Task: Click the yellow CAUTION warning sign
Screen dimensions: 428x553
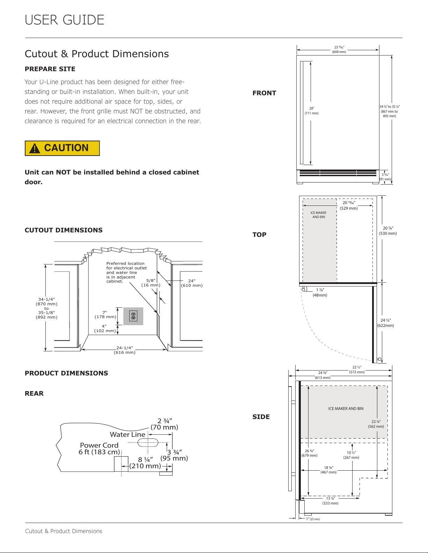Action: click(62, 148)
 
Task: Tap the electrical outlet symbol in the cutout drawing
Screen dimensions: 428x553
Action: click(133, 316)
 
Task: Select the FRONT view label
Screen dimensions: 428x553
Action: click(264, 93)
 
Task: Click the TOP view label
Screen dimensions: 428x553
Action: click(259, 235)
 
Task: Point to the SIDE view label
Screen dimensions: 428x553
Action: click(261, 417)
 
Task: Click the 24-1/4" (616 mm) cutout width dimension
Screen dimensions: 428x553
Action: click(125, 350)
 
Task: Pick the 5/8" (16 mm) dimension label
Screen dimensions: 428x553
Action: click(151, 283)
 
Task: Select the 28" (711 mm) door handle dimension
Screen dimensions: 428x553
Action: click(312, 111)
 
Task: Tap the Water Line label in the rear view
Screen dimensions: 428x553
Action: click(128, 434)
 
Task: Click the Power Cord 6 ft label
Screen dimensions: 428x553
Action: click(99, 448)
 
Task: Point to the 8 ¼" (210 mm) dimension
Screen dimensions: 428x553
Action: click(145, 463)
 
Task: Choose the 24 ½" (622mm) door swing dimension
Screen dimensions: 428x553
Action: click(386, 323)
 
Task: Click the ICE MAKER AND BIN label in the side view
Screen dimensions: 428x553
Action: click(346, 409)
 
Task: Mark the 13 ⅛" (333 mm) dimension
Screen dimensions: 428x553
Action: click(331, 501)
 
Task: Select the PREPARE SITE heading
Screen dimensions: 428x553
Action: click(50, 69)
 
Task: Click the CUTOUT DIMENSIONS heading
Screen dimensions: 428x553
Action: click(64, 230)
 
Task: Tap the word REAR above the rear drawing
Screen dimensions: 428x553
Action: click(34, 394)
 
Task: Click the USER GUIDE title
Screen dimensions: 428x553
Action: click(64, 20)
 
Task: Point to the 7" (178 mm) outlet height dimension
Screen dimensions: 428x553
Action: click(105, 315)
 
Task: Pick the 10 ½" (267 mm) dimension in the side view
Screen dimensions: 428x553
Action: click(351, 455)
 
